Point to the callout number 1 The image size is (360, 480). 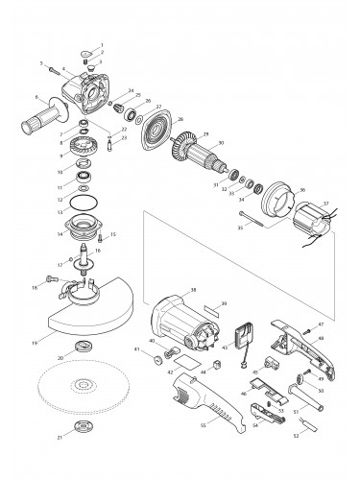click(x=103, y=43)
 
